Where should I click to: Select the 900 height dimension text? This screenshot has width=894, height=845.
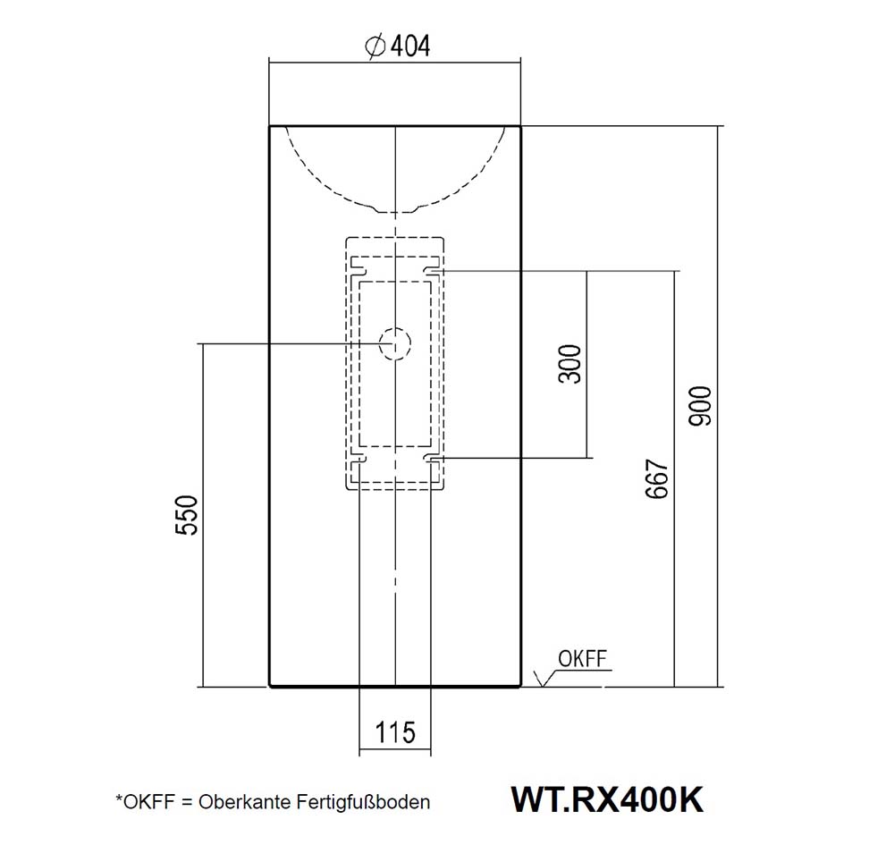point(702,405)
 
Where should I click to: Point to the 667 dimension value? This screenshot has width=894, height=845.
point(658,479)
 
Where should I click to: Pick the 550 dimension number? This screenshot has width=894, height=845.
point(186,514)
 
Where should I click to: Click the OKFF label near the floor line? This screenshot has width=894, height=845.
point(582,660)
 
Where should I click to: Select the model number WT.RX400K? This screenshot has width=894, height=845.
point(606,799)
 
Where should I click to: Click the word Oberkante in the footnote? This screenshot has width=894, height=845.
point(237,802)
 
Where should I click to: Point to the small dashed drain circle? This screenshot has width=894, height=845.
point(394,343)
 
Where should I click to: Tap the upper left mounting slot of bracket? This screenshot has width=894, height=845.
point(358,269)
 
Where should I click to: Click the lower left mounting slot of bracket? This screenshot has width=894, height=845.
point(358,459)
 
